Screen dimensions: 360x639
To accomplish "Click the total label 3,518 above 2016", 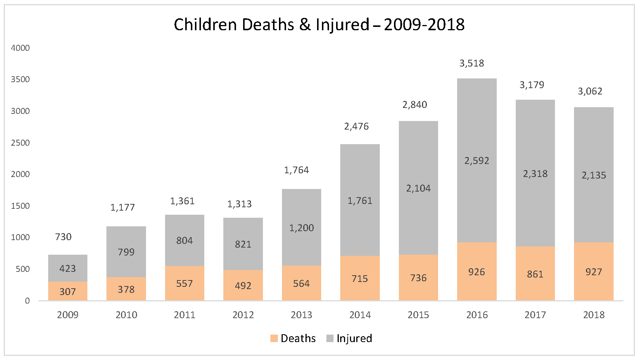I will (x=472, y=63).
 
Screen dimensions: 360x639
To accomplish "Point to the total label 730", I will (x=63, y=237).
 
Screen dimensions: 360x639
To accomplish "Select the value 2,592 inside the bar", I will (x=477, y=161).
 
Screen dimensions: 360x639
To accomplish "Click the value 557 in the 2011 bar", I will (x=184, y=283).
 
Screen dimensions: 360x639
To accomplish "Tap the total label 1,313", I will (x=239, y=204).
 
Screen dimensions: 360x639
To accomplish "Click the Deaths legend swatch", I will (x=274, y=338).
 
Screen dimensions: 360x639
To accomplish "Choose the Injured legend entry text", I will (x=354, y=338).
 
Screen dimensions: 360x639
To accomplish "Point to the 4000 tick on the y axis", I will (x=20, y=48).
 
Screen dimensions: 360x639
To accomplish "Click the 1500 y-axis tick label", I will (x=20, y=206).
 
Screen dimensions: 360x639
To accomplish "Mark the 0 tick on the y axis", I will (x=27, y=301).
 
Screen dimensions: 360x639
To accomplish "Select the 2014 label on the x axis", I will (x=360, y=315).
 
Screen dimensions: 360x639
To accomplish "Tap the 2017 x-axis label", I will (x=535, y=315).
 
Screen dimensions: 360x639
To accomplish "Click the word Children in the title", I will (x=205, y=25).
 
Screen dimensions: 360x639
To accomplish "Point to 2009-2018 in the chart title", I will (x=424, y=25).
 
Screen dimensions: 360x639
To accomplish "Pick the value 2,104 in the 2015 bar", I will (x=418, y=188).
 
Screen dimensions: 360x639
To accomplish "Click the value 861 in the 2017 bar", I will (x=535, y=274).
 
